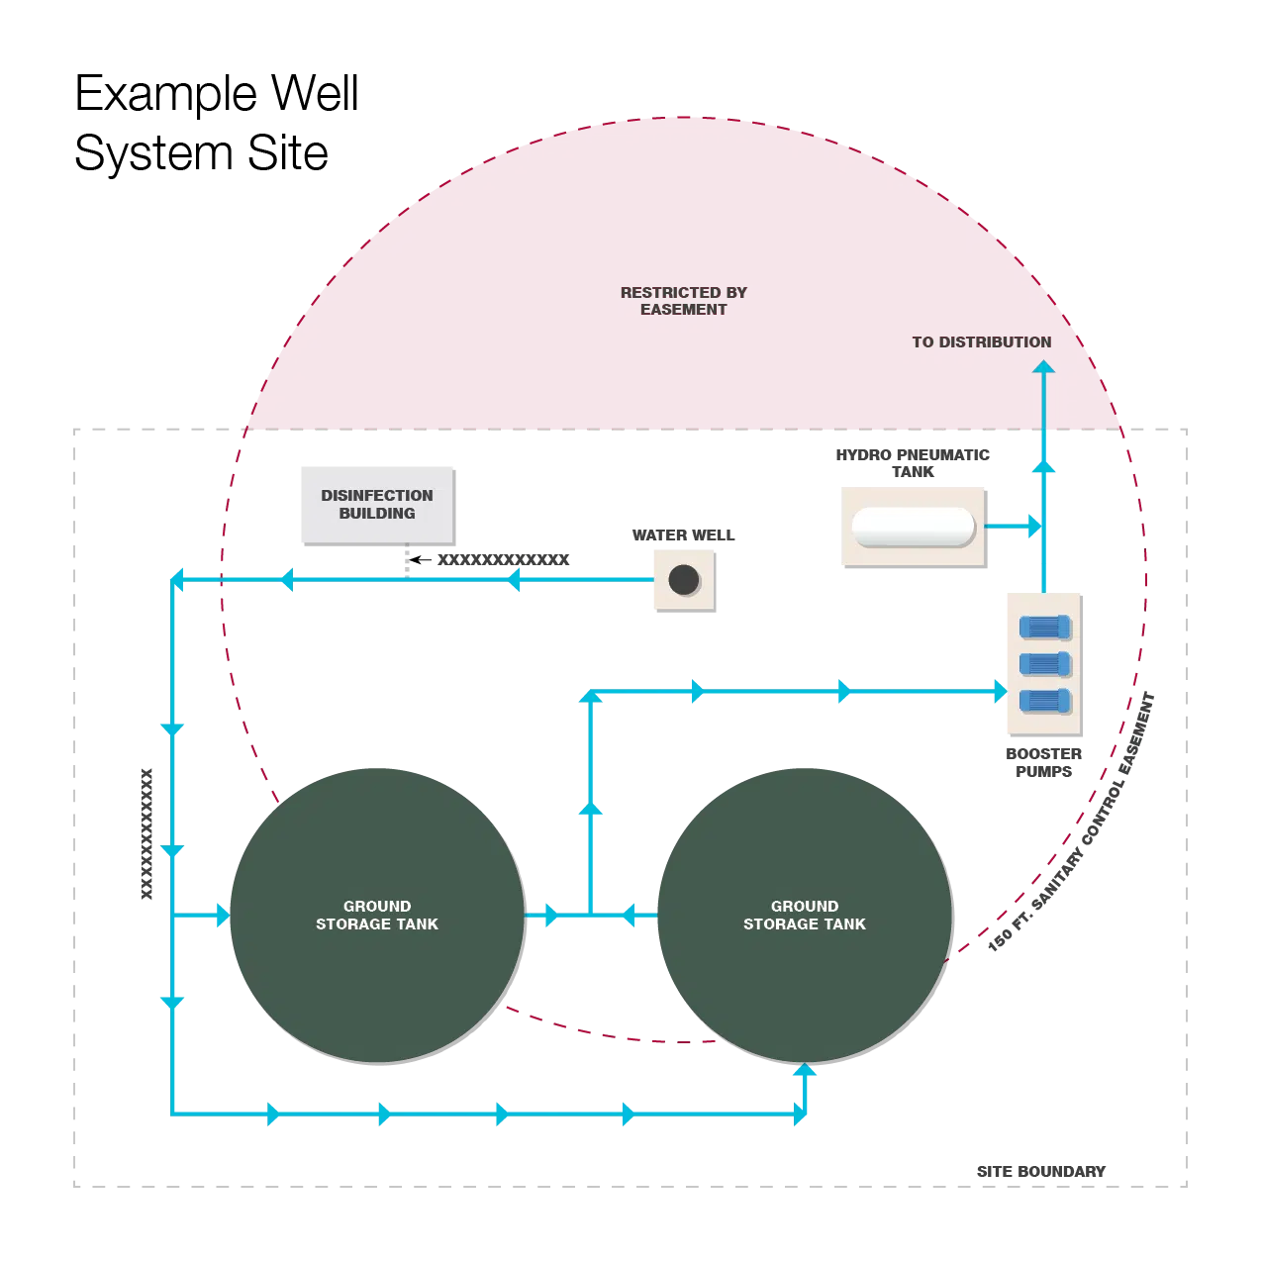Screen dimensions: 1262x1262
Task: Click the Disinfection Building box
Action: click(379, 502)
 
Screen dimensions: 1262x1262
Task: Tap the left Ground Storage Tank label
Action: click(377, 915)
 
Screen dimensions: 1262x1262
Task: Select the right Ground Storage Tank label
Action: click(804, 915)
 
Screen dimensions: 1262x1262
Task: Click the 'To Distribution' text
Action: click(981, 342)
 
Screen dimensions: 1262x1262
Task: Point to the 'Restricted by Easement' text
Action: click(683, 300)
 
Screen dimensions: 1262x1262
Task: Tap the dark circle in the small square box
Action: click(683, 579)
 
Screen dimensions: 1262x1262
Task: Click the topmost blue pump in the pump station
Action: click(1045, 627)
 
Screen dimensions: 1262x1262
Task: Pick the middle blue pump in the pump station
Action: click(1045, 663)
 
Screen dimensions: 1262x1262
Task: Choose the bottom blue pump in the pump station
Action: click(1045, 701)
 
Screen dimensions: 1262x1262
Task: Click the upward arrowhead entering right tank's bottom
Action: click(805, 1070)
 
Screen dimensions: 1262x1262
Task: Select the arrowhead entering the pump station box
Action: click(999, 692)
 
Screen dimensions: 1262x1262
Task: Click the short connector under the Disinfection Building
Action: click(408, 559)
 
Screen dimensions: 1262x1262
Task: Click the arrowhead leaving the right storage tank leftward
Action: click(628, 916)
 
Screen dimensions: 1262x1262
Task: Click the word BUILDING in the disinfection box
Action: click(377, 513)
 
